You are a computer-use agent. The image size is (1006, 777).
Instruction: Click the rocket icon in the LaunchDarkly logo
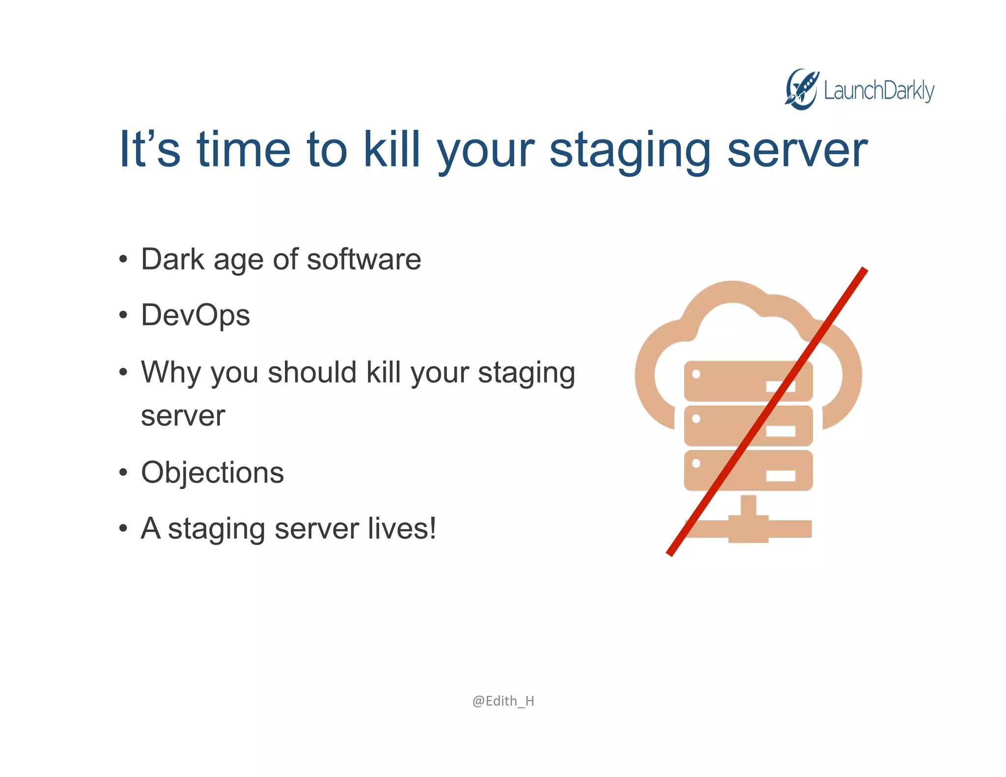(x=801, y=89)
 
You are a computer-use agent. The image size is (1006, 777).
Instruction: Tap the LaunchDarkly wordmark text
(x=879, y=91)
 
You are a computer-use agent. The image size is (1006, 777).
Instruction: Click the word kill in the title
(x=391, y=149)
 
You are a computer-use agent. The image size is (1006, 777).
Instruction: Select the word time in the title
(x=244, y=149)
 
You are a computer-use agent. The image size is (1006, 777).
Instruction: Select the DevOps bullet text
(x=196, y=315)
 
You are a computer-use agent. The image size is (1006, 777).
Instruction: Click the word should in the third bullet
(x=312, y=372)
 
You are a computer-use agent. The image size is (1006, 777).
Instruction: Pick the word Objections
(x=212, y=472)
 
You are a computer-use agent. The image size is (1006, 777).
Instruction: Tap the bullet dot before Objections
(x=123, y=473)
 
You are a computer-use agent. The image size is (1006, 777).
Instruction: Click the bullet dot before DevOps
(x=123, y=315)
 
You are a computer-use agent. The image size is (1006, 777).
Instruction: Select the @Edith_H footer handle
(x=503, y=701)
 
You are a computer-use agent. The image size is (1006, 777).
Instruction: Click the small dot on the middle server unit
(x=696, y=419)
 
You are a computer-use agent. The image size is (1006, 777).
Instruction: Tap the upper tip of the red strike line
(x=864, y=271)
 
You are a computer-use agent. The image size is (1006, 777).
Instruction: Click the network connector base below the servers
(x=748, y=529)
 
